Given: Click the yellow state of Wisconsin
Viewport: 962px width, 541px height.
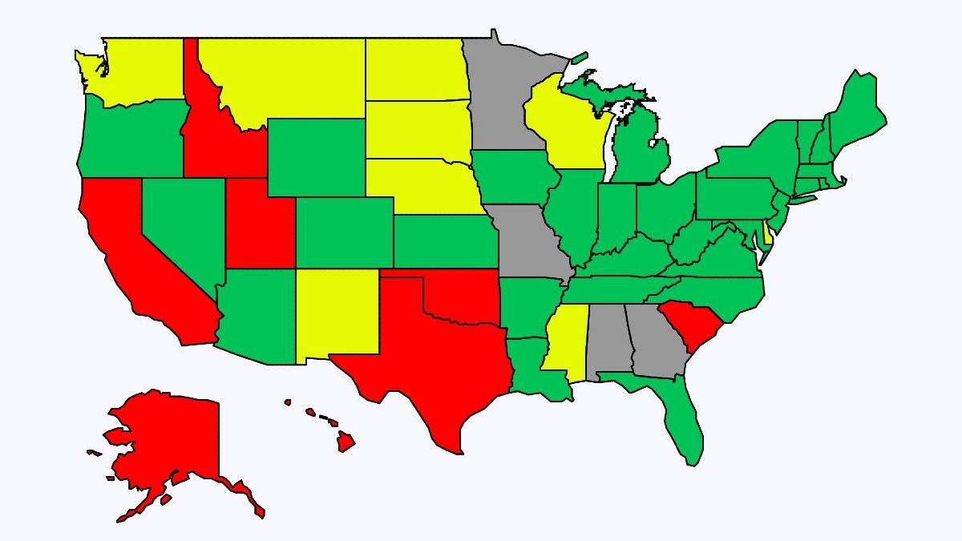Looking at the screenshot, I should pyautogui.click(x=565, y=128).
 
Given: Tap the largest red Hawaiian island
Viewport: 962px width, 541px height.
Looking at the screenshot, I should pyautogui.click(x=346, y=441).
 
